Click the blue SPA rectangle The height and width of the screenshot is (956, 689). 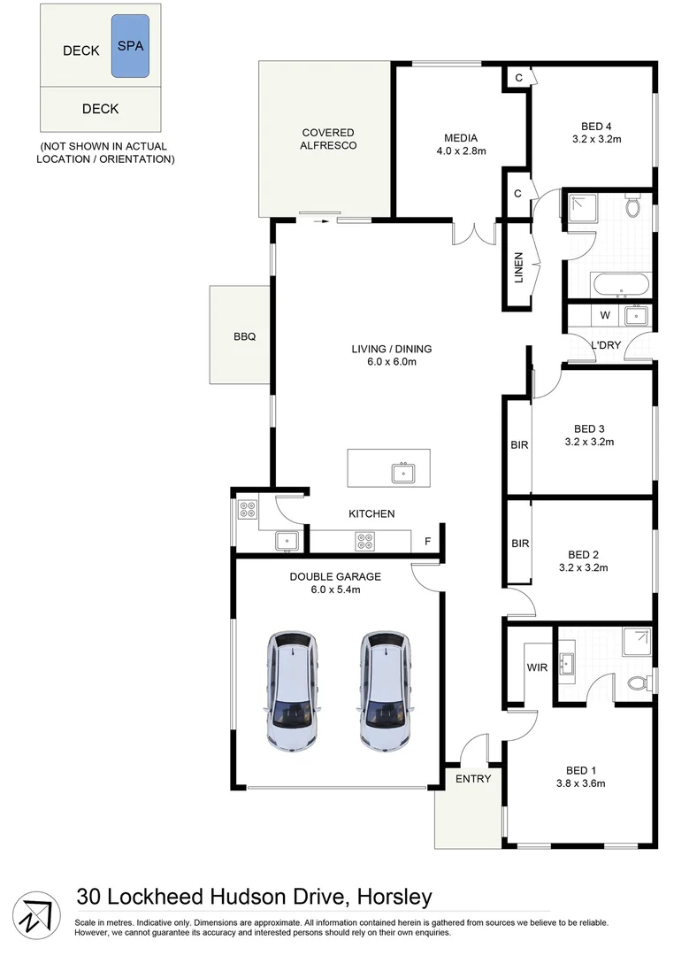130,45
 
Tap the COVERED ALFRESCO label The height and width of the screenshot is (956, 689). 327,139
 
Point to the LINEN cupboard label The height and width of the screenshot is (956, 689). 519,269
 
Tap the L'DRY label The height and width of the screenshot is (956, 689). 606,345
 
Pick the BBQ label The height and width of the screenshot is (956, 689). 244,336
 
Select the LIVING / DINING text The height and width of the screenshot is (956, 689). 390,349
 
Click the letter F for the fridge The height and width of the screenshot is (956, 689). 428,541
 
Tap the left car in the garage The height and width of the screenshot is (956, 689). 291,690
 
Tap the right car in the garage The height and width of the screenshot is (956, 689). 384,690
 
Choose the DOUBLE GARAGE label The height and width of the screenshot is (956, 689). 335,577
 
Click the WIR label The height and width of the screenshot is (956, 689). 537,667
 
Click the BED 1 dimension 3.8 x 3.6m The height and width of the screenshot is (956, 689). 580,783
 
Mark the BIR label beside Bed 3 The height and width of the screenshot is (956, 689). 519,445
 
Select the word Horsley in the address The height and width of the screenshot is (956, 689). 394,898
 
